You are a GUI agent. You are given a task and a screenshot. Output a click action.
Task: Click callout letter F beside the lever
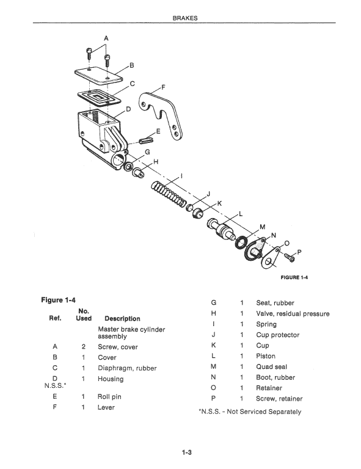click(163, 87)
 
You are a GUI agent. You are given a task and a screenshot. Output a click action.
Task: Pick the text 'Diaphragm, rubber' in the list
click(127, 368)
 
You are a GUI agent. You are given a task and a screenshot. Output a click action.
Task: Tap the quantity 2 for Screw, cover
click(82, 347)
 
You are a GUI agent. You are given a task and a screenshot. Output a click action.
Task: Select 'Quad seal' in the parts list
click(272, 366)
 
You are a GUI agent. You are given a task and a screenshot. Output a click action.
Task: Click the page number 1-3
click(187, 452)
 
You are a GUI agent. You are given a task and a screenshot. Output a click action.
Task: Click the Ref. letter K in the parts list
click(213, 346)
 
